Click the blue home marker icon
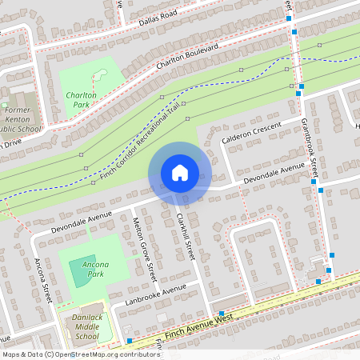point(179,172)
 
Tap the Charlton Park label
point(80,99)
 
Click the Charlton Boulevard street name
point(186,60)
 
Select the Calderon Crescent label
point(254,137)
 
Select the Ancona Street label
point(42,280)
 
